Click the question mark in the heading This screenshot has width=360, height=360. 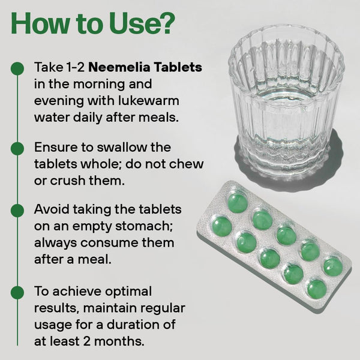coord(166,23)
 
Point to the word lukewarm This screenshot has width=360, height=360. coord(149,101)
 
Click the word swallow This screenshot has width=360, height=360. coord(122,147)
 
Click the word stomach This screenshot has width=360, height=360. coord(144,226)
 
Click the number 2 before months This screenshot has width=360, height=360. coord(87,341)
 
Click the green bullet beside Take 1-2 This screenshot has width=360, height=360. coord(17,68)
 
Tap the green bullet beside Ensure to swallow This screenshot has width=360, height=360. coord(17,148)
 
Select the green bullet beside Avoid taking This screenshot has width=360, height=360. coord(17,211)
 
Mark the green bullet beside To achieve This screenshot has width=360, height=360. coord(17,293)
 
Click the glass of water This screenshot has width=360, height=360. coord(286,103)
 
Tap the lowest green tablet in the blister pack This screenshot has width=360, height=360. coord(317,289)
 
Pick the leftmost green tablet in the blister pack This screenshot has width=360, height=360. coord(222,227)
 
